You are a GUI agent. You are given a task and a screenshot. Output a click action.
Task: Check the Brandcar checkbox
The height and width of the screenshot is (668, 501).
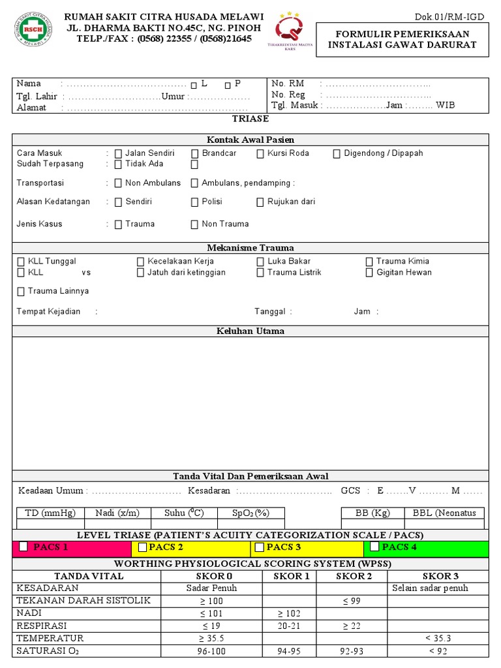coord(195,154)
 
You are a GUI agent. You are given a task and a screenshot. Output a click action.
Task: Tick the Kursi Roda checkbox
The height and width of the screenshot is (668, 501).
coord(260,154)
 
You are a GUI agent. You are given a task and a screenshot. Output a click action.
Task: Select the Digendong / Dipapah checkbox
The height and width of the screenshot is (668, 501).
coord(337,154)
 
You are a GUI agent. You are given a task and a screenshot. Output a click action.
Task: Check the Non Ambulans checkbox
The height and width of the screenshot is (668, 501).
coord(118,183)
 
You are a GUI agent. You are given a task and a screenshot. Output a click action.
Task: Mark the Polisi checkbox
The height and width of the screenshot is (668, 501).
coord(195,202)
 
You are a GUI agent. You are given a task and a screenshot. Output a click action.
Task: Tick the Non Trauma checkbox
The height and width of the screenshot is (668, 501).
coord(194,224)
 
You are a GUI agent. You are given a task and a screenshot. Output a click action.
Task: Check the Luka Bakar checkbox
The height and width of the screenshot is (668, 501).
coord(260,262)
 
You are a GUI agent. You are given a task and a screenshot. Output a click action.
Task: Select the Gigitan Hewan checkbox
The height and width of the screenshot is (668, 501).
coord(369,273)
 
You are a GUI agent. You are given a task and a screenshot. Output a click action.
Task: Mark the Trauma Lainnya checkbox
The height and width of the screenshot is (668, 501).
coord(21,292)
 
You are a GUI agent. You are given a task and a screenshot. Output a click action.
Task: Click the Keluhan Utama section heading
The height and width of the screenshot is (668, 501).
coord(250,331)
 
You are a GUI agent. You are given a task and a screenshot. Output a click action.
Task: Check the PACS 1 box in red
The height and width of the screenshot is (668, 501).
coord(23,547)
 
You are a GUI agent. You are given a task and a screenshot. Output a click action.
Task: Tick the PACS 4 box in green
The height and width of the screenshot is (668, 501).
coord(374,547)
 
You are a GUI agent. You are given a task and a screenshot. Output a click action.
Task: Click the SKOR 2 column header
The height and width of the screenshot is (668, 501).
coord(354,576)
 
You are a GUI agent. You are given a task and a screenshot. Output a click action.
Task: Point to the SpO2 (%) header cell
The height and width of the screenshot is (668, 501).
coord(250,513)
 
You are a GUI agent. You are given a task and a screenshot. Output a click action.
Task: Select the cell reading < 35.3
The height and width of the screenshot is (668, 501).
coord(438,638)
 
